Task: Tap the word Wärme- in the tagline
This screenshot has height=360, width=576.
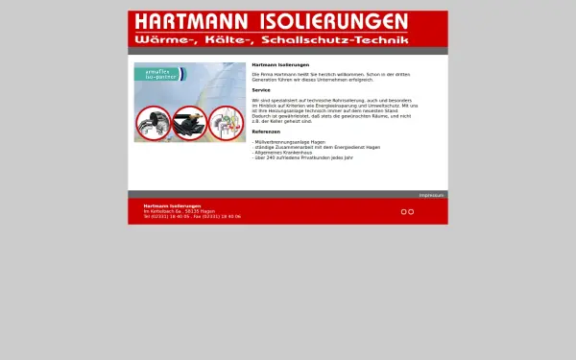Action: pos(159,40)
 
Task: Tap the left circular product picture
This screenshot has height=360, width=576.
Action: pos(153,123)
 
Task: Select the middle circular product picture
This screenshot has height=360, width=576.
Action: pos(189,123)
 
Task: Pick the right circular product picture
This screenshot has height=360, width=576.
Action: pos(226,123)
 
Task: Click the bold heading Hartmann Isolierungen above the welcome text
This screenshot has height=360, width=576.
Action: pos(273,64)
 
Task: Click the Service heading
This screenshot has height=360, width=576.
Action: pos(261,89)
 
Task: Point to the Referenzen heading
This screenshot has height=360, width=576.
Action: pos(266,132)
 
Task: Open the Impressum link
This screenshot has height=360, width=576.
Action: pos(431,195)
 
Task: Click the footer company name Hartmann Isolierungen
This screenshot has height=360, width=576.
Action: pos(172,205)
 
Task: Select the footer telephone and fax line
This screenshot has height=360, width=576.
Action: pos(185,217)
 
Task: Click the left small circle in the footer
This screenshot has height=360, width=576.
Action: pos(404,211)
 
